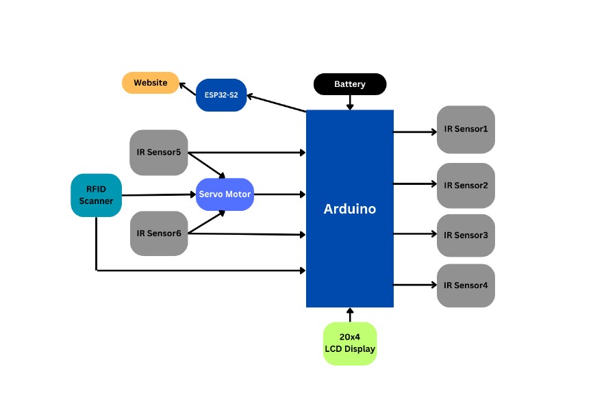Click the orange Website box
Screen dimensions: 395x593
click(150, 83)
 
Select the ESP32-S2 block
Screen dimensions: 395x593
click(220, 95)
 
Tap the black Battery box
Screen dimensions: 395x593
click(350, 84)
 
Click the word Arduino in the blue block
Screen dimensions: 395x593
click(349, 209)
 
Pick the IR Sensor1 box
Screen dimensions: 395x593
click(466, 129)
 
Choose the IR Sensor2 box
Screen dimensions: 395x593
click(466, 185)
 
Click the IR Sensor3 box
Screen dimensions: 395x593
click(466, 235)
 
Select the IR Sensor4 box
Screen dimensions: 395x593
click(466, 285)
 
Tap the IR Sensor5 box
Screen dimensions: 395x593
click(158, 152)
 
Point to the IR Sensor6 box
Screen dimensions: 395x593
click(158, 233)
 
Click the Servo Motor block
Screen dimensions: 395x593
click(225, 194)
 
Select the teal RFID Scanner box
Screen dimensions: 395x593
click(96, 195)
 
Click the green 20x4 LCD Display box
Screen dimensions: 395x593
click(350, 343)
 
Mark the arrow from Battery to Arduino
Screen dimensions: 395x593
click(350, 102)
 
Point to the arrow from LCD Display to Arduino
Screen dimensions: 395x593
click(350, 315)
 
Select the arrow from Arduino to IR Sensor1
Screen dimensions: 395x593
click(415, 131)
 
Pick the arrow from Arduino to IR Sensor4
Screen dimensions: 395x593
click(415, 284)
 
